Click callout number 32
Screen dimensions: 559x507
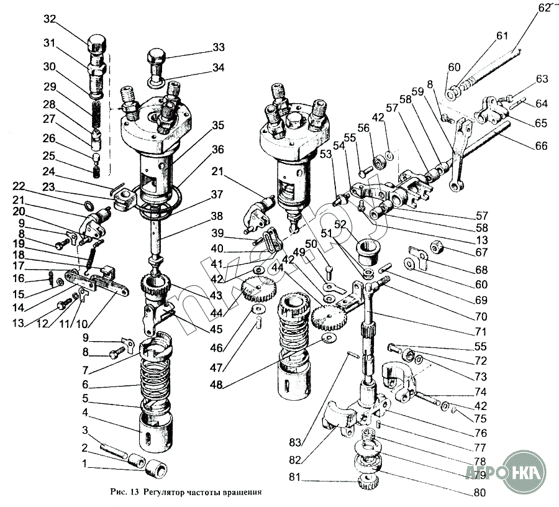pyautogui.click(x=50, y=19)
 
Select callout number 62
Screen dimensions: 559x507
pyautogui.click(x=544, y=8)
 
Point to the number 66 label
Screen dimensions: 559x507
pyautogui.click(x=541, y=145)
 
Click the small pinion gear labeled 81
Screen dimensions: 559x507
pyautogui.click(x=368, y=483)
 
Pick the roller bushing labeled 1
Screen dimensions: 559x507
pyautogui.click(x=157, y=468)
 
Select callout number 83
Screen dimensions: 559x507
pyautogui.click(x=295, y=442)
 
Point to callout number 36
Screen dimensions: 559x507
pyautogui.click(x=217, y=149)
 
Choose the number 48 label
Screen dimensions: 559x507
pyautogui.click(x=216, y=385)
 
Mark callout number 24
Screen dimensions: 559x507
pyautogui.click(x=49, y=171)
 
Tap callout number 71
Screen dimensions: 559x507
pyautogui.click(x=481, y=332)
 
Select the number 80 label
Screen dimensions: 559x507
pyautogui.click(x=479, y=492)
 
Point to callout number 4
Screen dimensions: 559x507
pyautogui.click(x=85, y=413)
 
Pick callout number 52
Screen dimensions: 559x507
pyautogui.click(x=340, y=224)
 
